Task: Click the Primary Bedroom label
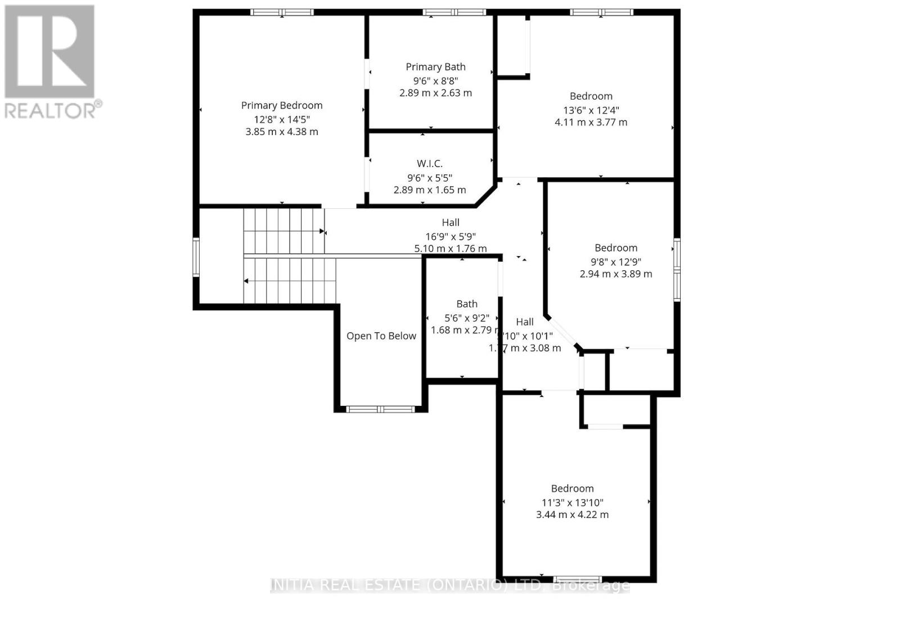pyautogui.click(x=282, y=105)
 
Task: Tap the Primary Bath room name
pyautogui.click(x=435, y=67)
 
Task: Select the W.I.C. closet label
pyautogui.click(x=430, y=164)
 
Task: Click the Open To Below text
pyautogui.click(x=381, y=336)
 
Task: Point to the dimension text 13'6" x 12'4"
pyautogui.click(x=591, y=110)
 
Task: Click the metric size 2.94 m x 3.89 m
pyautogui.click(x=616, y=274)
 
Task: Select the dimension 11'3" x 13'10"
pyautogui.click(x=572, y=503)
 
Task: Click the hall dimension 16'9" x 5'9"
pyautogui.click(x=451, y=236)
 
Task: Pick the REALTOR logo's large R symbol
pyautogui.click(x=49, y=51)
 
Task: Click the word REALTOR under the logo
pyautogui.click(x=51, y=110)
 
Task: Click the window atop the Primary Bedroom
pyautogui.click(x=282, y=12)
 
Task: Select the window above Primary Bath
pyautogui.click(x=454, y=12)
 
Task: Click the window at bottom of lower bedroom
pyautogui.click(x=577, y=579)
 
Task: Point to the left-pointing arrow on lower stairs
pyautogui.click(x=246, y=281)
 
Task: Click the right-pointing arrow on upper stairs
pyautogui.click(x=322, y=231)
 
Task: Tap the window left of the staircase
pyautogui.click(x=196, y=257)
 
